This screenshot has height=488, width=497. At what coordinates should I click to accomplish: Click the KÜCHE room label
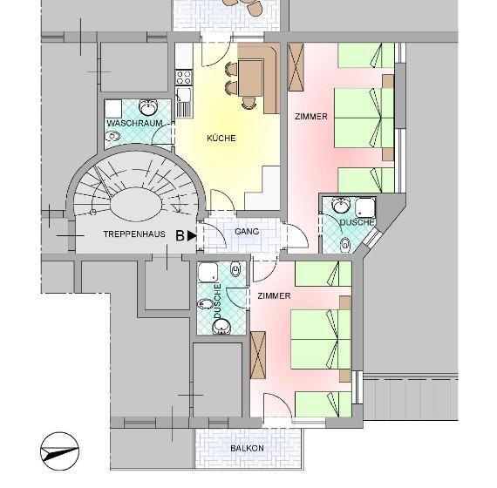click(x=221, y=139)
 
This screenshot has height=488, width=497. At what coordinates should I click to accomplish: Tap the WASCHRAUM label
click(x=134, y=123)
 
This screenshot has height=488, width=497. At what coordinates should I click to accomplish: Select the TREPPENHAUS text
click(x=134, y=234)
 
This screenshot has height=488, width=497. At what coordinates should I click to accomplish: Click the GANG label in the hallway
click(x=247, y=232)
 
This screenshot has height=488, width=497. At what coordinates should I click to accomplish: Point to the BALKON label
click(x=248, y=449)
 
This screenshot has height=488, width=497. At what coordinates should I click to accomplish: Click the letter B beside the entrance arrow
click(x=180, y=236)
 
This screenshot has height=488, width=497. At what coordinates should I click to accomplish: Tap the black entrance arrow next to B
click(x=192, y=236)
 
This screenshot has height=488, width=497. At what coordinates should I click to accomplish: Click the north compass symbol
click(x=59, y=451)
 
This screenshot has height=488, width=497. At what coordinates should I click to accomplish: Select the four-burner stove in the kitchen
click(x=184, y=78)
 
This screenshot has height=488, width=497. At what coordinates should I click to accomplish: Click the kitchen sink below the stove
click(x=184, y=102)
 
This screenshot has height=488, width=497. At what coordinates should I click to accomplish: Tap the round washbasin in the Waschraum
click(x=148, y=108)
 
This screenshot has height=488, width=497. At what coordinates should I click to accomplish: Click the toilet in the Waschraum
click(x=112, y=136)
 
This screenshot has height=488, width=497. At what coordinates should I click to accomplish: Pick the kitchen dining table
click(x=251, y=78)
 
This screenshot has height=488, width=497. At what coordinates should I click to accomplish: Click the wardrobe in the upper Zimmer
click(x=296, y=67)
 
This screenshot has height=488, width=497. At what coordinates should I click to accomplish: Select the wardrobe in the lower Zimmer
click(x=258, y=355)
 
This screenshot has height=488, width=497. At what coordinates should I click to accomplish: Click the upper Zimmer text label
click(x=311, y=117)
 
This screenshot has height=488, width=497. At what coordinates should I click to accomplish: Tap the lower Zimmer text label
click(x=274, y=296)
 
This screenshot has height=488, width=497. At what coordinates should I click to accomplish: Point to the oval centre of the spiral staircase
click(x=137, y=205)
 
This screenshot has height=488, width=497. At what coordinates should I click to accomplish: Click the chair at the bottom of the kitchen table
click(x=248, y=103)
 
